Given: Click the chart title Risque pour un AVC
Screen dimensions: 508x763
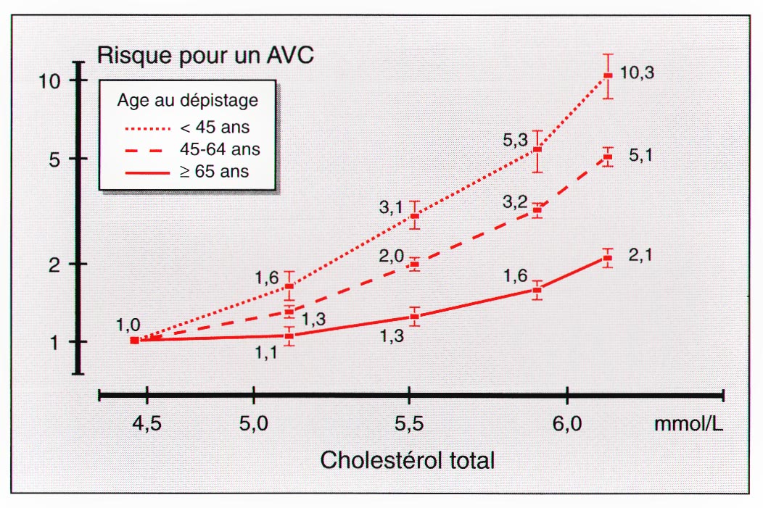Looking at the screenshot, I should [x=205, y=55].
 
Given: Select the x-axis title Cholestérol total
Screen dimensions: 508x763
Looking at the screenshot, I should [x=407, y=459].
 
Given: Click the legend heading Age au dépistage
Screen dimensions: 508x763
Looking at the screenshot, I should [x=188, y=101].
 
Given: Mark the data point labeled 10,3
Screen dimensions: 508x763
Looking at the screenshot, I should [x=609, y=75].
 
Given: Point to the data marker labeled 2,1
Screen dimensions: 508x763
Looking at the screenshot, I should [x=609, y=258].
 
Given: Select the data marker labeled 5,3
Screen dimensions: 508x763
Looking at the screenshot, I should [x=537, y=150].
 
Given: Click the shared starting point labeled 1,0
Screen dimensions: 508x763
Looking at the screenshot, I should [x=134, y=340].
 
